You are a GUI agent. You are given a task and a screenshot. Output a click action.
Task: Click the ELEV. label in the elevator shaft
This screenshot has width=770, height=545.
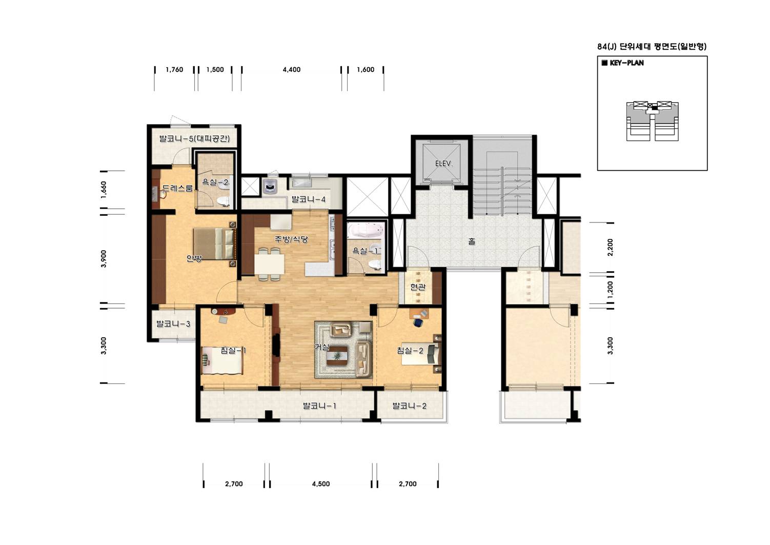(444, 164)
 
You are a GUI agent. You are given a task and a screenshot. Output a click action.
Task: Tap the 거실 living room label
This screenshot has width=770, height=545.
(322, 347)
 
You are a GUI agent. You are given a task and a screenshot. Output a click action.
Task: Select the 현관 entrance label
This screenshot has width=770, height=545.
(418, 287)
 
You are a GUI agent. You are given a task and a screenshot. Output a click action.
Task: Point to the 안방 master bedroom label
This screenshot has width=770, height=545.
(194, 258)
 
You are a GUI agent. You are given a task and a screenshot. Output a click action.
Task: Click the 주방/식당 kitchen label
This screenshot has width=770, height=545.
(291, 239)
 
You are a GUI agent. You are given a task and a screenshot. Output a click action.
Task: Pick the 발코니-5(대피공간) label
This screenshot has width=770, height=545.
(194, 138)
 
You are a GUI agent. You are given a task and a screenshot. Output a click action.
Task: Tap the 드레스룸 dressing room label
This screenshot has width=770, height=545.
(177, 188)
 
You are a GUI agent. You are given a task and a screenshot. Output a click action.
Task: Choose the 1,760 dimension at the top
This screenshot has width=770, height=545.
(174, 69)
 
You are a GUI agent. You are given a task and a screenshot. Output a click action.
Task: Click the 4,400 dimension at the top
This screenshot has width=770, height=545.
(292, 69)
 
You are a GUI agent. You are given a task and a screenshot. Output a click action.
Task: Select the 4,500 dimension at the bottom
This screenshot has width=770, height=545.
(321, 484)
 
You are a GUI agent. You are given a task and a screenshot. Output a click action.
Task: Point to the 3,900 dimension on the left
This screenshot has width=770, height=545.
(104, 258)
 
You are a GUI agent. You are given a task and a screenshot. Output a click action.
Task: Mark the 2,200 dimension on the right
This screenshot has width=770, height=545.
(610, 248)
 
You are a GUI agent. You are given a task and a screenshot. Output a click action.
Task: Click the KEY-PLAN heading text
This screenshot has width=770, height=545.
(626, 63)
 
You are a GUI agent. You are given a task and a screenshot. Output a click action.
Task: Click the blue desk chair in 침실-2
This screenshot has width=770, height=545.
(418, 322)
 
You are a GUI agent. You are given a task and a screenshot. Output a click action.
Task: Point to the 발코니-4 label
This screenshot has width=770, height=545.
(308, 199)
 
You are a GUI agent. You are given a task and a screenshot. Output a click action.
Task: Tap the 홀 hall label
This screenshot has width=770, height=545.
(472, 241)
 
